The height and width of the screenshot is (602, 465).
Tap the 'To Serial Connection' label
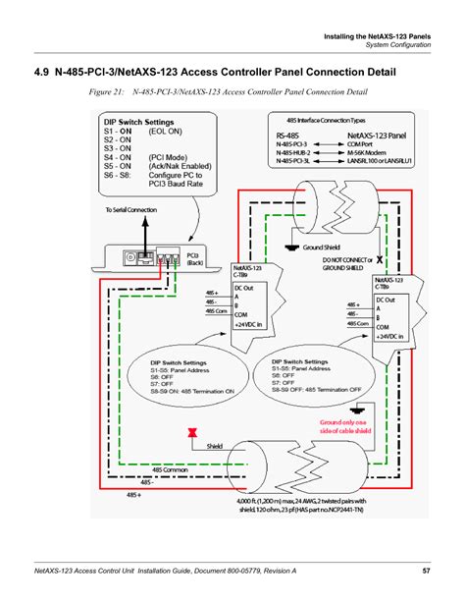123,209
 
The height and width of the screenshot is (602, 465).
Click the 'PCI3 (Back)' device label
193,259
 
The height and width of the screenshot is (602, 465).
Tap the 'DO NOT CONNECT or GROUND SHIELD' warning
351,264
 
